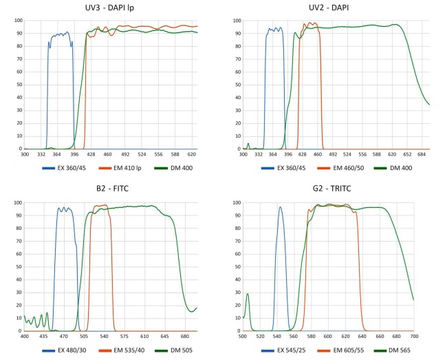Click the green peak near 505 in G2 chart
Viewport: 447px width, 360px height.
pos(247,294)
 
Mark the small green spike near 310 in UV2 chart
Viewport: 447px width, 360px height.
pos(248,143)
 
